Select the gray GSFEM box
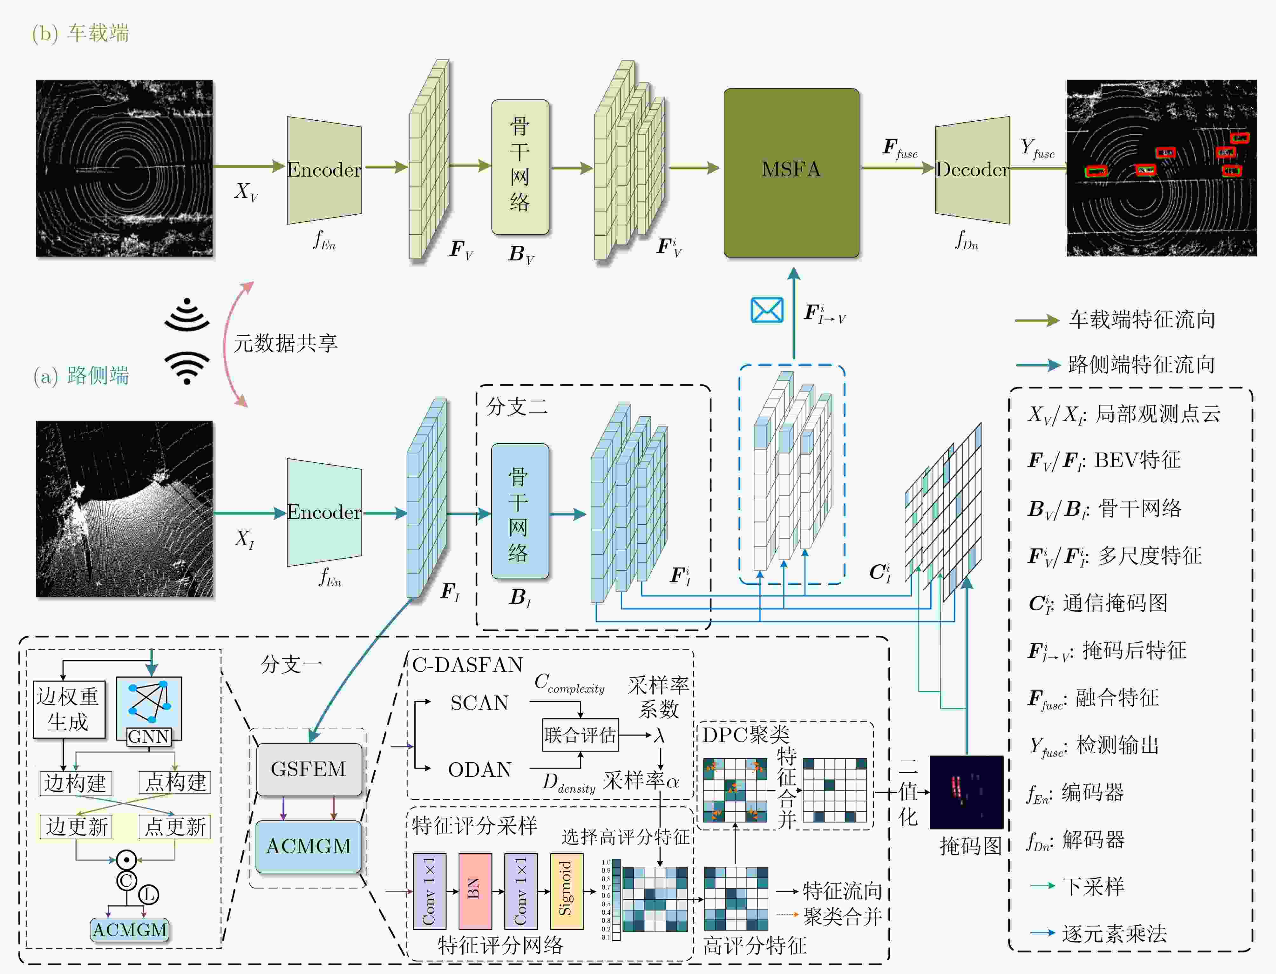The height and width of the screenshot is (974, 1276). click(x=309, y=769)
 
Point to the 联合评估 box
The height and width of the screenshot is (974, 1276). click(x=580, y=735)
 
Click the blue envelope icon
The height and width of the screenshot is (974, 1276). click(x=767, y=310)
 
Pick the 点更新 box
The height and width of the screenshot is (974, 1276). click(x=174, y=826)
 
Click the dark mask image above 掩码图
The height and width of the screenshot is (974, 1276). click(x=966, y=792)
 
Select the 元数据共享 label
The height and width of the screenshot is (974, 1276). click(x=285, y=343)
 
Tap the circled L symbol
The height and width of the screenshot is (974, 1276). click(x=148, y=895)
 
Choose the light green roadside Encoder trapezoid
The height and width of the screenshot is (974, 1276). click(x=324, y=512)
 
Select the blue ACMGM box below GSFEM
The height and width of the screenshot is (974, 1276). click(x=309, y=846)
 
